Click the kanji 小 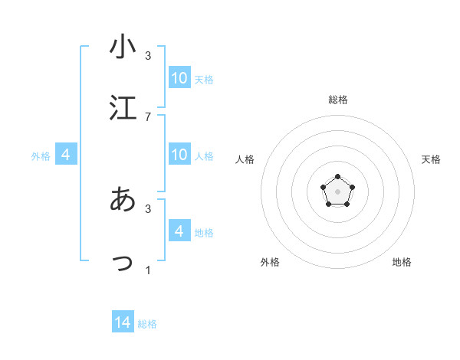tap(123, 47)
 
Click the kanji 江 tap(123, 108)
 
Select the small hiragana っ tap(123, 263)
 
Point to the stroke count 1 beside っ tap(148, 270)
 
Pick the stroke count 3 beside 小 tap(148, 55)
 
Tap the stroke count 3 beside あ tap(148, 208)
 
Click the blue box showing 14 tap(123, 322)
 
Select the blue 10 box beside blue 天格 tap(179, 77)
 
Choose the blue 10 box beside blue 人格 tap(179, 154)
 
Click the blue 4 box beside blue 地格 tap(179, 231)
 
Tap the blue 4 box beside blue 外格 tap(66, 154)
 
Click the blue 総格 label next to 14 tap(147, 324)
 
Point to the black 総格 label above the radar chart tap(337, 100)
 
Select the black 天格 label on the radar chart tap(431, 159)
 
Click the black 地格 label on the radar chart tap(402, 262)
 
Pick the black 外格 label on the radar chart tap(270, 262)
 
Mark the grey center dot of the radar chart tap(337, 191)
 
